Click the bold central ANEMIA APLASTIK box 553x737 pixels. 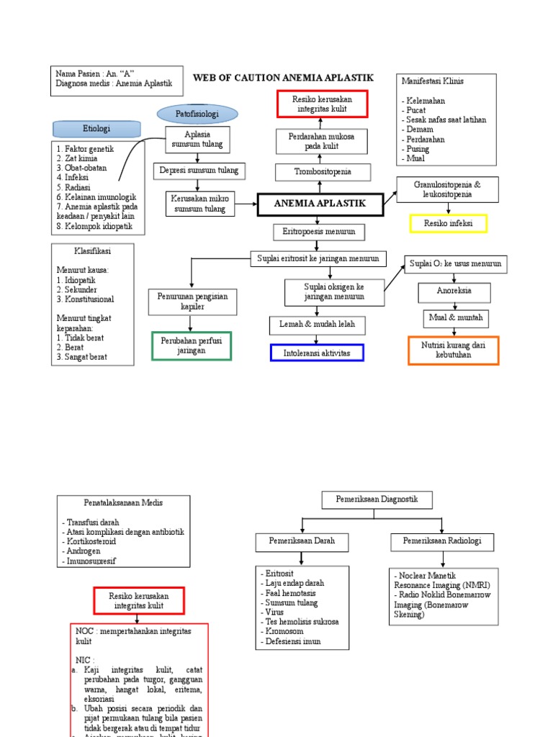[x=320, y=204]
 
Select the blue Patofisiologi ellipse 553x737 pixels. [x=197, y=114]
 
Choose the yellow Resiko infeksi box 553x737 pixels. [x=448, y=224]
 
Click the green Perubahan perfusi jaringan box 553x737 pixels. [x=192, y=345]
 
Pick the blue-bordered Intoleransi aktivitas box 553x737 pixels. [x=317, y=353]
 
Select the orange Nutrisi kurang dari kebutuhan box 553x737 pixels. [x=453, y=351]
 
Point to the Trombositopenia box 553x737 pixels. [x=323, y=172]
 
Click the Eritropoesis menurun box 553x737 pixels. [x=319, y=232]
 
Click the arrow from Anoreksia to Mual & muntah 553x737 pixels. [x=454, y=306]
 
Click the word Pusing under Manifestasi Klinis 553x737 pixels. [x=418, y=149]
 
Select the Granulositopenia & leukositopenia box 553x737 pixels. [x=447, y=189]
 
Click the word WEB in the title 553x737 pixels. [x=206, y=78]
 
